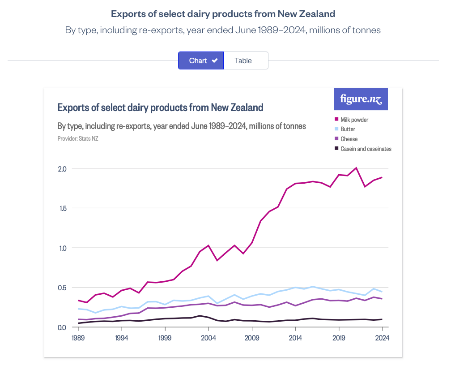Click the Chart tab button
200,60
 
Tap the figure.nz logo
361,99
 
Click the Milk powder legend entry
354,120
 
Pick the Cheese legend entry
349,139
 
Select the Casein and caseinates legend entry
366,149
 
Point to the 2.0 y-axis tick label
62,169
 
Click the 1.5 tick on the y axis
62,208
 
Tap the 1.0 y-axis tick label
62,248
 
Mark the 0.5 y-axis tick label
62,288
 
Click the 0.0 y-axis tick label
62,327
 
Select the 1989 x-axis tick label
78,338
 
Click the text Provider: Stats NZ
78,138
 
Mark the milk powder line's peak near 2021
356,168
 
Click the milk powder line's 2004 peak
208,245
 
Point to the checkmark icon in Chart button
215,60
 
